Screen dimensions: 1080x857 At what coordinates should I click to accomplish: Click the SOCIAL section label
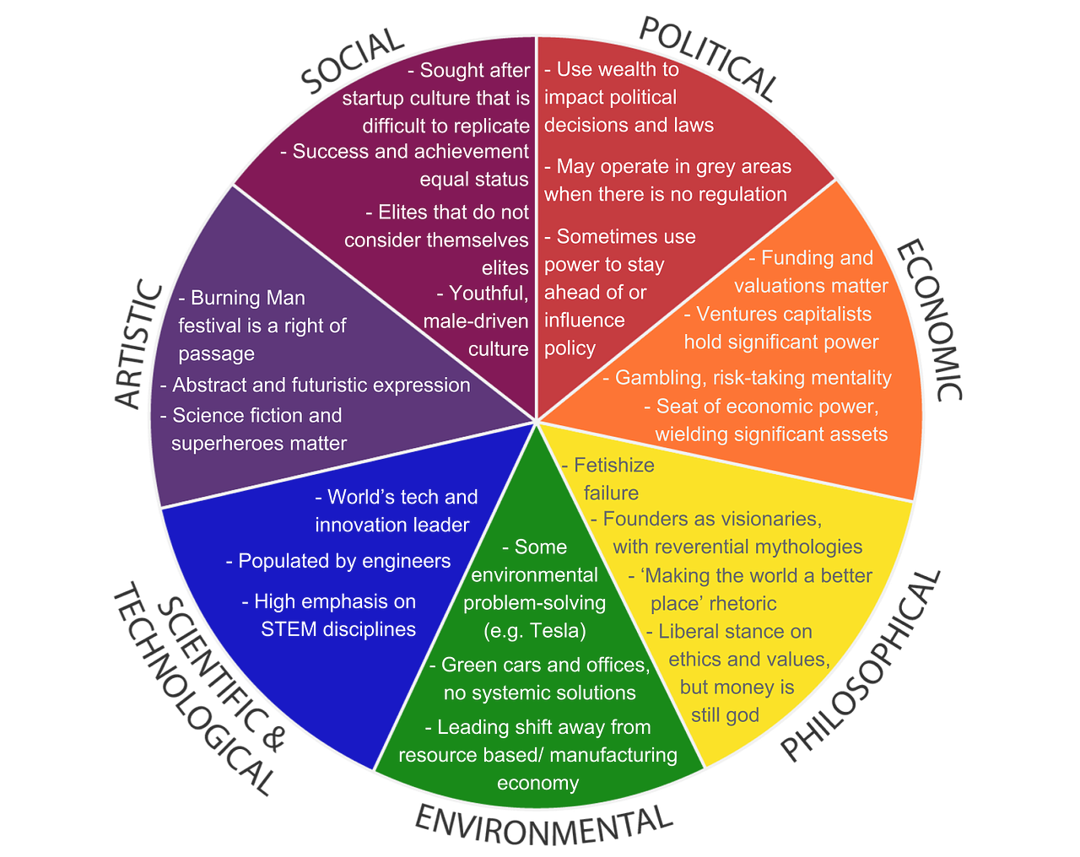pos(353,61)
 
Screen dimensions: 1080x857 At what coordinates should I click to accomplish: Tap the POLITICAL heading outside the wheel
pos(709,58)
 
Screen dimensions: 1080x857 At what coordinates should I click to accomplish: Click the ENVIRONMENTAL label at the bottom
pos(543,827)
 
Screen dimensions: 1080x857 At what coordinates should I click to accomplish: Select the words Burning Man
pos(248,298)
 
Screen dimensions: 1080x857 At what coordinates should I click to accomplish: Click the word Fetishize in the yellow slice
pos(613,466)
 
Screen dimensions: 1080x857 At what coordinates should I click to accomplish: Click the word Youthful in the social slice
pos(489,294)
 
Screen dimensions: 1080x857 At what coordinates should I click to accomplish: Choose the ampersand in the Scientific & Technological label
pos(272,737)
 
